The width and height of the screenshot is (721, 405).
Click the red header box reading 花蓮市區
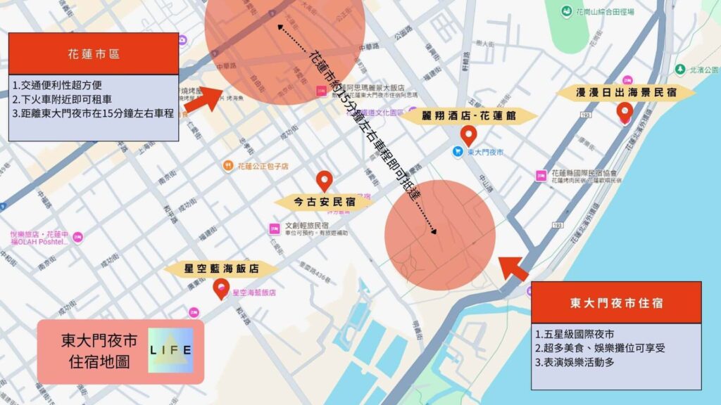tap(93, 53)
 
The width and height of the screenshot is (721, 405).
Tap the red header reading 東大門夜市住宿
tap(616, 303)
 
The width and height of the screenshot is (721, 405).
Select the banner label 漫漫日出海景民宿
tap(626, 93)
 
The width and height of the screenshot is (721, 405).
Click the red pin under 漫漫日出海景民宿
tap(624, 112)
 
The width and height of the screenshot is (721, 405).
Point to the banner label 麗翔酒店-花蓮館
tap(469, 115)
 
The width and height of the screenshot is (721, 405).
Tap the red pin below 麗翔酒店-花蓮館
tap(468, 135)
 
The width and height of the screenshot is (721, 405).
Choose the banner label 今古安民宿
tap(324, 202)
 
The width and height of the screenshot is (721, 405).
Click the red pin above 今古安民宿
tap(324, 181)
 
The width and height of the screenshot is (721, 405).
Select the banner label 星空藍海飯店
tap(222, 269)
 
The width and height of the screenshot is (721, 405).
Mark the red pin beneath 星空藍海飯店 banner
tap(221, 288)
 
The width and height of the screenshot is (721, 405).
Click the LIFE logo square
tap(171, 350)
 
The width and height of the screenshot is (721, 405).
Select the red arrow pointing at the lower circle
tap(514, 269)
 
